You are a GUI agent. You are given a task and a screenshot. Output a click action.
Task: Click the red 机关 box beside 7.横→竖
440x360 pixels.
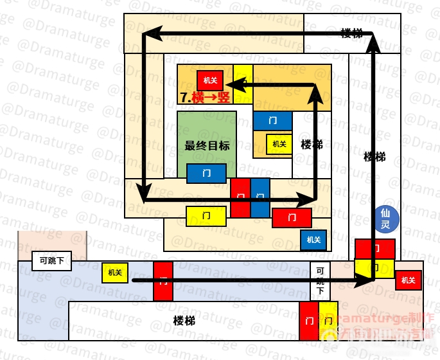pyautogui.click(x=210, y=80)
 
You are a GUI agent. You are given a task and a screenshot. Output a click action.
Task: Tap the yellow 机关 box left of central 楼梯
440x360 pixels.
pyautogui.click(x=279, y=144)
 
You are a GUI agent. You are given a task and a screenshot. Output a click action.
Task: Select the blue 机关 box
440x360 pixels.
pyautogui.click(x=313, y=240)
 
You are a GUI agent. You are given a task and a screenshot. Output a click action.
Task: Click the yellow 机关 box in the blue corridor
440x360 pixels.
pyautogui.click(x=115, y=273)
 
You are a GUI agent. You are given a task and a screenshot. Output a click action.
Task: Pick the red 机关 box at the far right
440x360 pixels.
pyautogui.click(x=407, y=280)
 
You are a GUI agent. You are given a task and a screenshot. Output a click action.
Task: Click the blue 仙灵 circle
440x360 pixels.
pyautogui.click(x=386, y=219)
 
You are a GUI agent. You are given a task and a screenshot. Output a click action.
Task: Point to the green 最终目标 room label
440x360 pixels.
pyautogui.click(x=207, y=145)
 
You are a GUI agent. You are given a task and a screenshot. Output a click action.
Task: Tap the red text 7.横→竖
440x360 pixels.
pyautogui.click(x=205, y=98)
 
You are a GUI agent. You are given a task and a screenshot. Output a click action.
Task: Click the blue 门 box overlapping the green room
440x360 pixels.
pyautogui.click(x=206, y=174)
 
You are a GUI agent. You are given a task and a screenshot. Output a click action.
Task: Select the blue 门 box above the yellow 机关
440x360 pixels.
pyautogui.click(x=272, y=120)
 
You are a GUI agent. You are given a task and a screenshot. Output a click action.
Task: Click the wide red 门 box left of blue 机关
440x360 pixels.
pyautogui.click(x=292, y=218)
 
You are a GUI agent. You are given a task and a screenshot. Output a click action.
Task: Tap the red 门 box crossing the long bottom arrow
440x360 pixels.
pyautogui.click(x=163, y=281)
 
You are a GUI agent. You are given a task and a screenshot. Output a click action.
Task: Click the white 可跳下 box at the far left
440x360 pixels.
pyautogui.click(x=51, y=261)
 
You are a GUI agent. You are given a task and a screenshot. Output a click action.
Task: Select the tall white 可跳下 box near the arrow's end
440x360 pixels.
pyautogui.click(x=320, y=281)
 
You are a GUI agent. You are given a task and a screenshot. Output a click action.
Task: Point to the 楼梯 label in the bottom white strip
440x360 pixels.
pyautogui.click(x=184, y=320)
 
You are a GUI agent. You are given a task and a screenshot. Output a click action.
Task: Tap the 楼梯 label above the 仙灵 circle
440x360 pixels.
pyautogui.click(x=374, y=156)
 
